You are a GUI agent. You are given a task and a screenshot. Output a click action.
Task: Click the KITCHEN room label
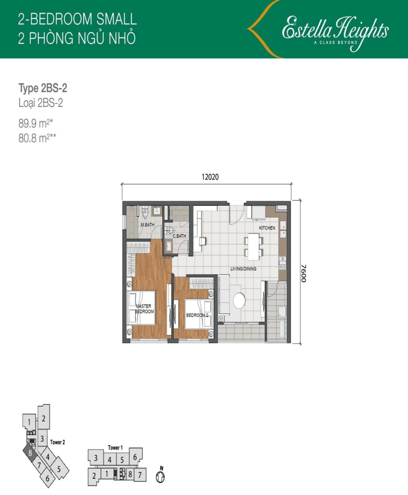click(x=267, y=228)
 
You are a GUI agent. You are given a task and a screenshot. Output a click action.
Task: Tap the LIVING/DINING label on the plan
click(x=244, y=269)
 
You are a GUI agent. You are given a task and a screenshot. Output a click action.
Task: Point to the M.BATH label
click(x=148, y=225)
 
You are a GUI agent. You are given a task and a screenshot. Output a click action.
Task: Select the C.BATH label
click(x=179, y=236)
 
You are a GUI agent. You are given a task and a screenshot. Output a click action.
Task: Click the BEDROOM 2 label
click(x=197, y=315)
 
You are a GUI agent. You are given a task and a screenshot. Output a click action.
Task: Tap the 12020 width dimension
click(x=210, y=177)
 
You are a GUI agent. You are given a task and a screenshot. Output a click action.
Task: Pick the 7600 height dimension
click(x=304, y=273)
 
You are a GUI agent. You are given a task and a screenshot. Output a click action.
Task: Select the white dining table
click(x=253, y=247)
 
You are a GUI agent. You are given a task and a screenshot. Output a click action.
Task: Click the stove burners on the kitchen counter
click(x=283, y=263)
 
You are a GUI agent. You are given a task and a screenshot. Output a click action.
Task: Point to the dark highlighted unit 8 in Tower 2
click(x=30, y=453)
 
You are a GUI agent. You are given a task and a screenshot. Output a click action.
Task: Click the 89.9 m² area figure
click(x=36, y=124)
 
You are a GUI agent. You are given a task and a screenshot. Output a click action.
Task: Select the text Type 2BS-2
click(x=43, y=88)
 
